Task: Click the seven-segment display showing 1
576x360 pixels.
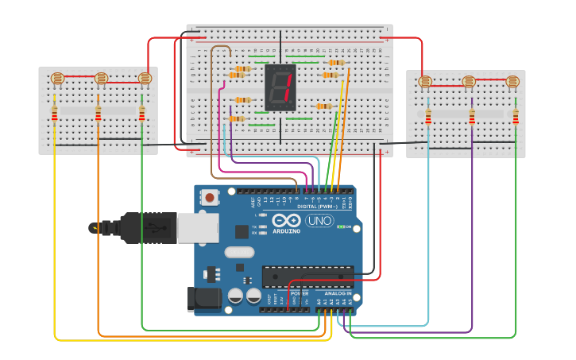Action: click(x=280, y=87)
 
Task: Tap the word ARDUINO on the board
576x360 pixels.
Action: click(x=287, y=231)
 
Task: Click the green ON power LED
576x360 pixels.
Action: click(x=341, y=227)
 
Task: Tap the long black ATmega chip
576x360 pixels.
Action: click(x=307, y=277)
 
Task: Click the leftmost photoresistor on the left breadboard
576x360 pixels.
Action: click(x=56, y=79)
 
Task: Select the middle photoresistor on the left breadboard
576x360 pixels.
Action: click(x=100, y=79)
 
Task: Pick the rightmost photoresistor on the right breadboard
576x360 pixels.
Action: click(x=513, y=81)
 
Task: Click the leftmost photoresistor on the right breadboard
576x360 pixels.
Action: click(x=425, y=81)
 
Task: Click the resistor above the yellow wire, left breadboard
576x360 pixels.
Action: click(x=54, y=115)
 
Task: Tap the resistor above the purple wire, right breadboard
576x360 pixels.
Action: click(x=472, y=118)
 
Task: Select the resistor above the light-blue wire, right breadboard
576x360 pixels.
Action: click(x=428, y=118)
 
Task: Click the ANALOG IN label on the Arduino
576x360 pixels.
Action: click(x=336, y=293)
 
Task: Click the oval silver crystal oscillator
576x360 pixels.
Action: click(x=238, y=253)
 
